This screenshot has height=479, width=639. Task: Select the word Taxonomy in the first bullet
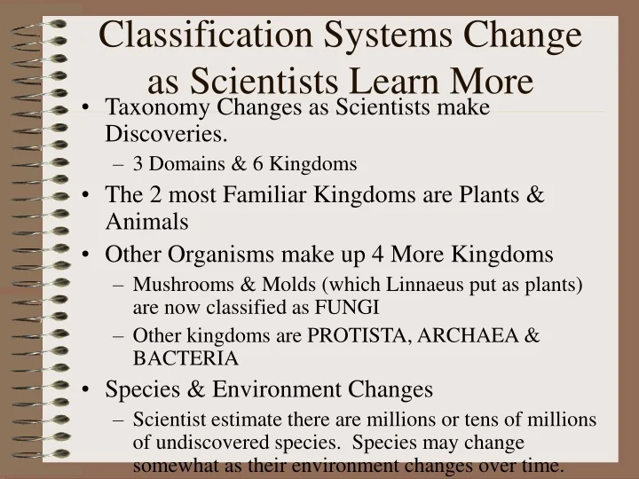tap(146, 107)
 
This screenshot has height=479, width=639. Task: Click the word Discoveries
tap(166, 133)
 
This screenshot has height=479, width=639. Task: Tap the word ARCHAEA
tap(480, 336)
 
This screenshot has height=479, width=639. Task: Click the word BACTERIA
tap(185, 358)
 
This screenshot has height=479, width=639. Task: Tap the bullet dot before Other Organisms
tap(91, 255)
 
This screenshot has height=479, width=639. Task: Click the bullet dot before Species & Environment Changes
tap(91, 390)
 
